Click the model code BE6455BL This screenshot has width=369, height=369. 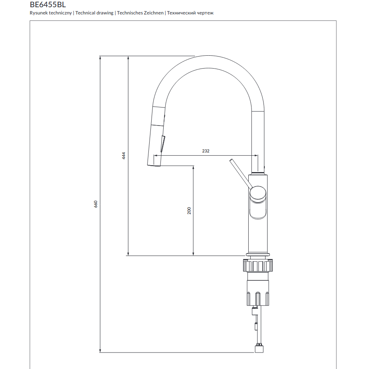tap(48, 4)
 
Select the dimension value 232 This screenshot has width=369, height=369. tap(206, 151)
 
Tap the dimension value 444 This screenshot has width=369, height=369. tap(124, 156)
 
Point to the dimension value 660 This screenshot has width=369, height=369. tap(95, 204)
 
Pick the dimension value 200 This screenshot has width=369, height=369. tap(189, 211)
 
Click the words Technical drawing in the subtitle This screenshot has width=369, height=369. tap(94, 13)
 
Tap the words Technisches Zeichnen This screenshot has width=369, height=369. tap(140, 13)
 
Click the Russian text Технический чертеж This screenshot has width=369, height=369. tap(190, 13)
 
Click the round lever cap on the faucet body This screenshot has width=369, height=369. tap(258, 194)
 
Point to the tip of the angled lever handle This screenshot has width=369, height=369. tap(231, 160)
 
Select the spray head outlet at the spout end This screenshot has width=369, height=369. tap(154, 165)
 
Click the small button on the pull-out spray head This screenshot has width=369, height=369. tap(162, 144)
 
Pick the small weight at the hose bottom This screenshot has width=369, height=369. tap(259, 349)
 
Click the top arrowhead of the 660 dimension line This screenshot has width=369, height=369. tap(100, 58)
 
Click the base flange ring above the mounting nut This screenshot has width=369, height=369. tap(258, 255)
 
